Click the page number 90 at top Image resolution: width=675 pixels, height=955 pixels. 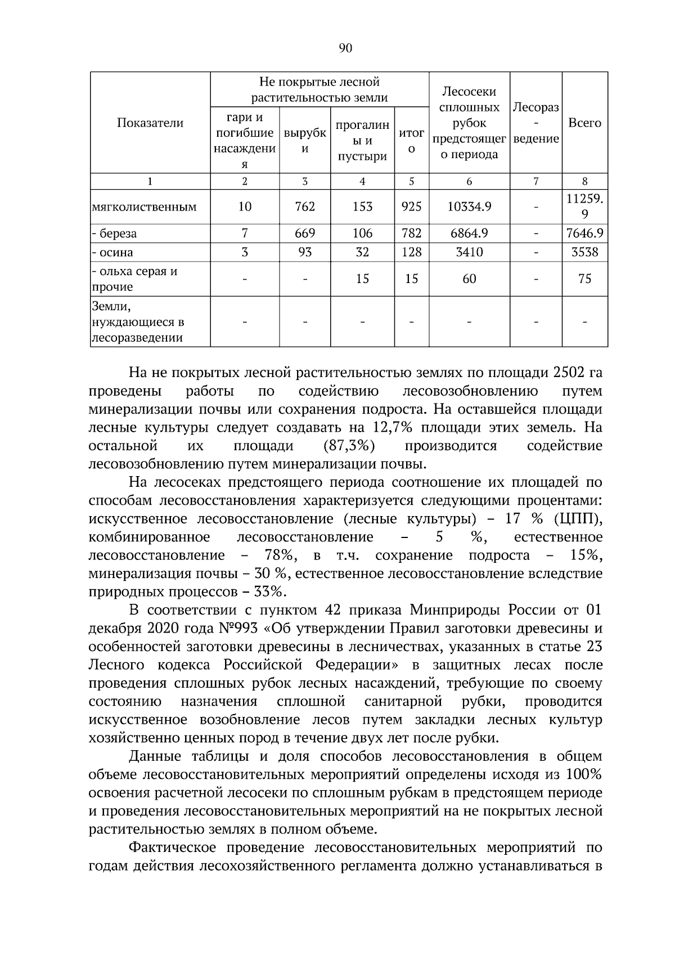pyautogui.click(x=345, y=48)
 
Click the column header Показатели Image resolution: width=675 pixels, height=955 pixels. pyautogui.click(x=150, y=123)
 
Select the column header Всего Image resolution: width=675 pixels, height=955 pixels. pyautogui.click(x=584, y=123)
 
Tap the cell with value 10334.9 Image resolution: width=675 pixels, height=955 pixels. pyautogui.click(x=469, y=207)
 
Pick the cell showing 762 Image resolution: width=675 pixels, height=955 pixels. pyautogui.click(x=305, y=207)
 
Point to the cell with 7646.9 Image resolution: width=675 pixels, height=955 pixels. pyautogui.click(x=584, y=233)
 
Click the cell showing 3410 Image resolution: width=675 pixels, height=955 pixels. pyautogui.click(x=469, y=252)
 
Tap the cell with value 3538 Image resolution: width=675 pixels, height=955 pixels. pyautogui.click(x=584, y=252)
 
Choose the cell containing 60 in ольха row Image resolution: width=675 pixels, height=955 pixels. pyautogui.click(x=469, y=279)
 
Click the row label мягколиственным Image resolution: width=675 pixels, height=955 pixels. pyautogui.click(x=144, y=207)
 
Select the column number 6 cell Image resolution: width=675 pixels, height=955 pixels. pyautogui.click(x=469, y=181)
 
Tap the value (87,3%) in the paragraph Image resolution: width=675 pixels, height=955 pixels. pyautogui.click(x=349, y=446)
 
